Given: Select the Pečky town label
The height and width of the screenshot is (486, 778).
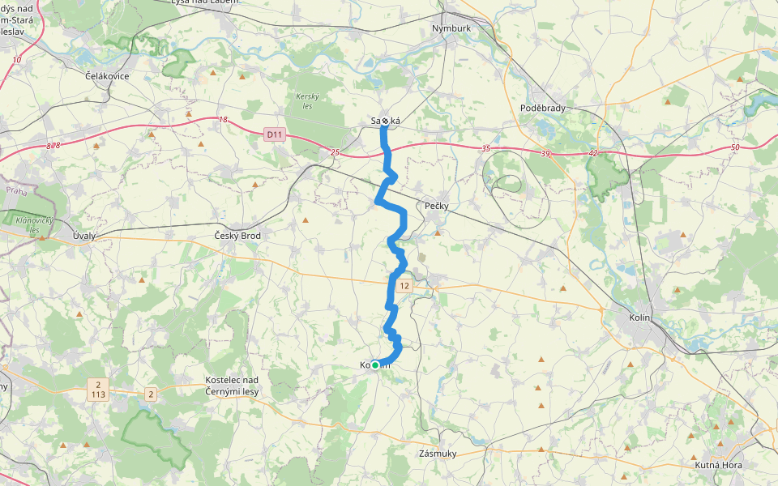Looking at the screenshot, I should pyautogui.click(x=436, y=207).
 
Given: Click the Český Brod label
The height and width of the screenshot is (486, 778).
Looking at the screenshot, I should pyautogui.click(x=237, y=235).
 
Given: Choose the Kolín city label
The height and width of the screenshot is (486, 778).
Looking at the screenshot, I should pyautogui.click(x=639, y=318).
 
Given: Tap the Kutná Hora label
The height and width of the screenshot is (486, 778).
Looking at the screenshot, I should pyautogui.click(x=718, y=466).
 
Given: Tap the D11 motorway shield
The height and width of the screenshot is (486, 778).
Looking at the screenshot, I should pyautogui.click(x=275, y=135).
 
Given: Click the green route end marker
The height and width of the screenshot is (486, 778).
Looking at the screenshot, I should pyautogui.click(x=375, y=365).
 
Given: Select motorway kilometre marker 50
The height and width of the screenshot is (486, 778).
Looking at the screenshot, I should pyautogui.click(x=734, y=147).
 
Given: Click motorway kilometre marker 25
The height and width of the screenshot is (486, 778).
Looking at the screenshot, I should pyautogui.click(x=335, y=151).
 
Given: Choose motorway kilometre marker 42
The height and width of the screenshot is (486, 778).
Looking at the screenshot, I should pyautogui.click(x=593, y=153).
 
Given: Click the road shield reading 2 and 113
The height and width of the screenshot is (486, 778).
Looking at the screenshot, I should pyautogui.click(x=98, y=389).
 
